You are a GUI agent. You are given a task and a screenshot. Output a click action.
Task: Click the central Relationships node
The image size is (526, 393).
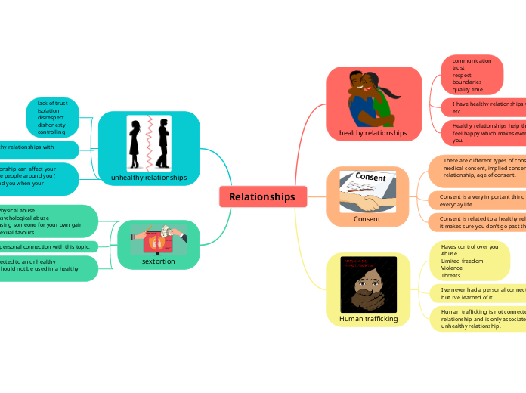262,196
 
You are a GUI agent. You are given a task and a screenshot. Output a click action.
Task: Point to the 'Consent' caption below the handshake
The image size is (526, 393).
367,219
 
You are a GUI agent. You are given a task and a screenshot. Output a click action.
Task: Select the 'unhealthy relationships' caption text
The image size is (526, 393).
149,178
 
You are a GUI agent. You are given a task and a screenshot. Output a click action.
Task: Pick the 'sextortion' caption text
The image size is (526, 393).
158,261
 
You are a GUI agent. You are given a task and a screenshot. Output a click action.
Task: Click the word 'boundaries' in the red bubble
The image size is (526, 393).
467,82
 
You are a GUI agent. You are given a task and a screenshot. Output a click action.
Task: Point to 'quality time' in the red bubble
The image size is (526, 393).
468,90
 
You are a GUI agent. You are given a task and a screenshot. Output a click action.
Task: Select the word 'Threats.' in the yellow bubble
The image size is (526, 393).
451,275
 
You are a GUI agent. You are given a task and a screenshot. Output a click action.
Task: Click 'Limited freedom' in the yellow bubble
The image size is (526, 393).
463,261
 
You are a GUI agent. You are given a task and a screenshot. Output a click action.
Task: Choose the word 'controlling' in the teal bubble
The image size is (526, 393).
51,132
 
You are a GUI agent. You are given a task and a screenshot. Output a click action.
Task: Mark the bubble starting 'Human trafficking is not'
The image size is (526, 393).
481,319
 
